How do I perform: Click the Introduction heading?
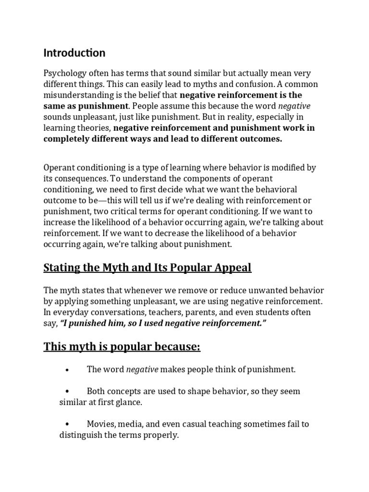coord(74,52)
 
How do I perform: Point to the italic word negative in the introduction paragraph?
coord(294,106)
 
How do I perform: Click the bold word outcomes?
coord(261,138)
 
